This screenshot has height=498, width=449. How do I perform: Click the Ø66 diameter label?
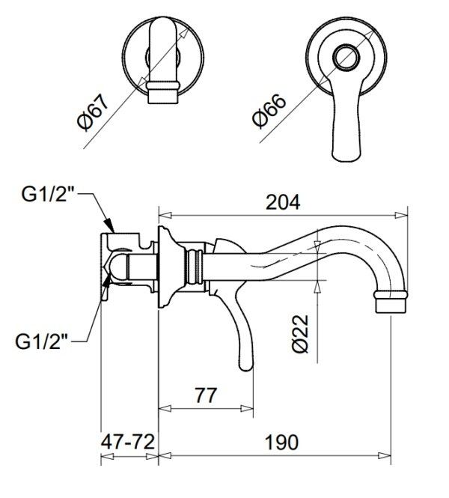click(x=269, y=111)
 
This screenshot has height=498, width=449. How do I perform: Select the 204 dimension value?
click(x=282, y=203)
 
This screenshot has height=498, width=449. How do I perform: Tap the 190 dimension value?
click(x=282, y=442)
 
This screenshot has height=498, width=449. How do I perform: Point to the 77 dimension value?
click(x=206, y=395)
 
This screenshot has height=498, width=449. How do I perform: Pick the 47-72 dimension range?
click(x=128, y=442)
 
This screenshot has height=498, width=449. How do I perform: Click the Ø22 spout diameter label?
click(x=300, y=333)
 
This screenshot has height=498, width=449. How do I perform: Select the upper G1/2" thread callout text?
click(x=48, y=194)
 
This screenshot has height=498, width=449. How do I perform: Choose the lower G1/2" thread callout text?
click(x=42, y=341)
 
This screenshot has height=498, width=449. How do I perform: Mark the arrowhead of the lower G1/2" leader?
click(x=106, y=280)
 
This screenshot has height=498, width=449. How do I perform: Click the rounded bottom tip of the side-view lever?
click(x=246, y=366)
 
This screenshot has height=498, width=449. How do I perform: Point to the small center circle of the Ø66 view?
click(x=346, y=57)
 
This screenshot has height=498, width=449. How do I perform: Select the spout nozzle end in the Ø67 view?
click(x=162, y=96)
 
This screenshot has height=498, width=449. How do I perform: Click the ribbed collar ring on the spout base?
click(x=195, y=266)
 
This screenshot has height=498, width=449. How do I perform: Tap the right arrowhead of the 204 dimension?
click(x=401, y=216)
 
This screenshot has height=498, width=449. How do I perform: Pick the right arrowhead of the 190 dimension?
click(x=385, y=456)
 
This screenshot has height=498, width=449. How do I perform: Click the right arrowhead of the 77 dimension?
click(x=247, y=408)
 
